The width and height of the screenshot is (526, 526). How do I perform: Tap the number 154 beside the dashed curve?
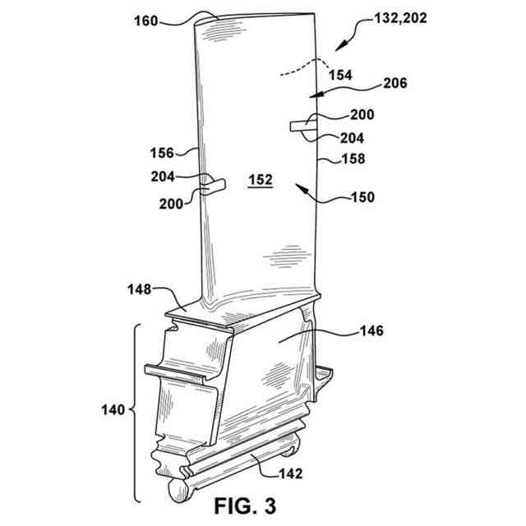click(x=340, y=75)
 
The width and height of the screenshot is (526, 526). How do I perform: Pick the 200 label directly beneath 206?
click(x=361, y=116)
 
